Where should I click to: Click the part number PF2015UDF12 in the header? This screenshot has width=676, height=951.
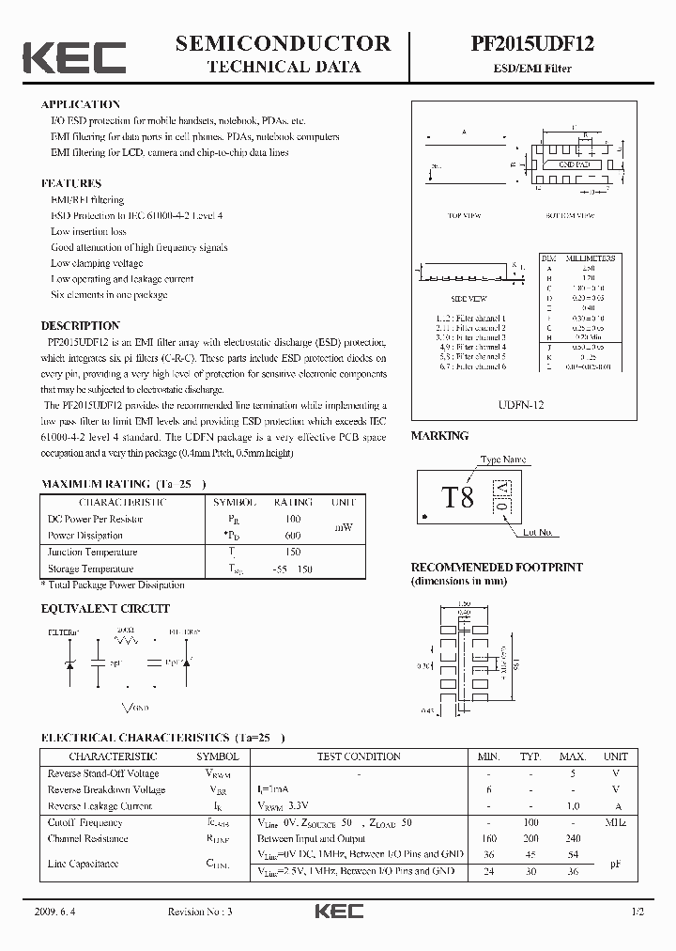pos(531,43)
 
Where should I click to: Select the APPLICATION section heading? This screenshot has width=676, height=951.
pos(81,104)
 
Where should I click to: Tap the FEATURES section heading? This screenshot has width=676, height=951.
pos(71,183)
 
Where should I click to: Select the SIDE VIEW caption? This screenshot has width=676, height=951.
pos(461,298)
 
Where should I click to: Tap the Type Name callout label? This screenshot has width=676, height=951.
pos(503,460)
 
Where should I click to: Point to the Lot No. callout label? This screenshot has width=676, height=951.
pos(538,533)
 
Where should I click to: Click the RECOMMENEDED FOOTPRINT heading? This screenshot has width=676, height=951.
pos(497,568)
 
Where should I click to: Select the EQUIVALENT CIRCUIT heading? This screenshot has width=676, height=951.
pos(105,609)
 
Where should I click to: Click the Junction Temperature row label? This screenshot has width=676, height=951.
pos(92,553)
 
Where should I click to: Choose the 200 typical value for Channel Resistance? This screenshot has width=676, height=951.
pos(530,839)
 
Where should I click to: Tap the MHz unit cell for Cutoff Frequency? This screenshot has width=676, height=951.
pos(615,822)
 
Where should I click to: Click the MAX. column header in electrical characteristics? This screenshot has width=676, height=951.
pos(572,756)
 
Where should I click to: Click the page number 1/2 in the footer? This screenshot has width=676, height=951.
pos(638,912)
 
